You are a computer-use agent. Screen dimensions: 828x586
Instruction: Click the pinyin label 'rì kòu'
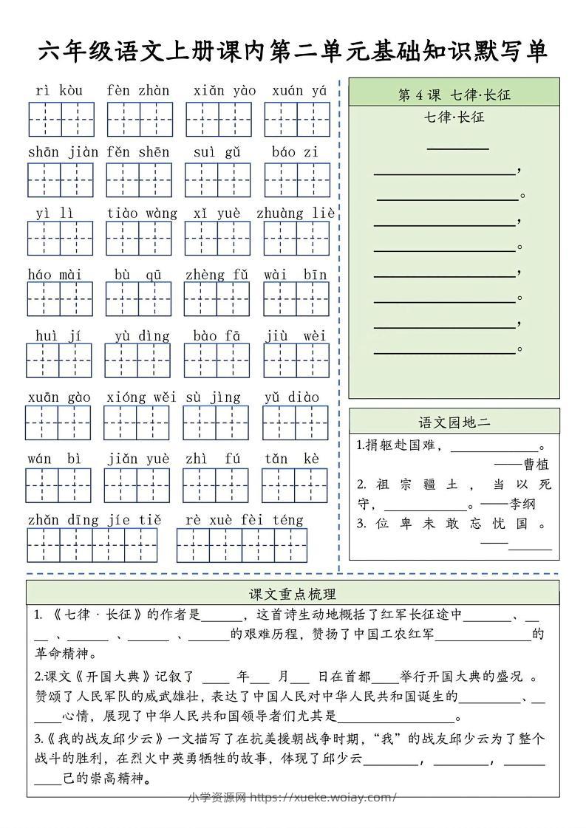pos(59,91)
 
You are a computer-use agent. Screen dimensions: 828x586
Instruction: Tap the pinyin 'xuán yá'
pos(299,91)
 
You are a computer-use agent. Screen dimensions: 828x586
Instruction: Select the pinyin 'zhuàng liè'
pos(296,213)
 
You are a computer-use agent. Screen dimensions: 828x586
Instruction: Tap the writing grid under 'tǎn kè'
pos(295,485)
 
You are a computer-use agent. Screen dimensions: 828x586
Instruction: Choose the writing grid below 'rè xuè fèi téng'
pos(242,546)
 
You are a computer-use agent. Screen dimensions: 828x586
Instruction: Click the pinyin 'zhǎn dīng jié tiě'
pos(94,520)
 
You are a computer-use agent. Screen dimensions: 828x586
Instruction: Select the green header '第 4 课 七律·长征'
pos(454,95)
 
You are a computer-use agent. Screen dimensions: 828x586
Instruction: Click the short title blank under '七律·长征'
pos(458,148)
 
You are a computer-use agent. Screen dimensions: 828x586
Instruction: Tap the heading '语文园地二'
pos(454,422)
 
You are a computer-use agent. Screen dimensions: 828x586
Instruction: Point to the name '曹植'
pos(536,465)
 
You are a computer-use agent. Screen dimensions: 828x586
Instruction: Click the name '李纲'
pos(522,504)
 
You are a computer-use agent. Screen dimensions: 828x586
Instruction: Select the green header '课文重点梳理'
pos(293,593)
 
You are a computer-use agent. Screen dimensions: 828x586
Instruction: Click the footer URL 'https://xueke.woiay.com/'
pos(324,797)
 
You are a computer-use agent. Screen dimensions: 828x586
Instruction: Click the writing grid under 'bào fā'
pos(217,360)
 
